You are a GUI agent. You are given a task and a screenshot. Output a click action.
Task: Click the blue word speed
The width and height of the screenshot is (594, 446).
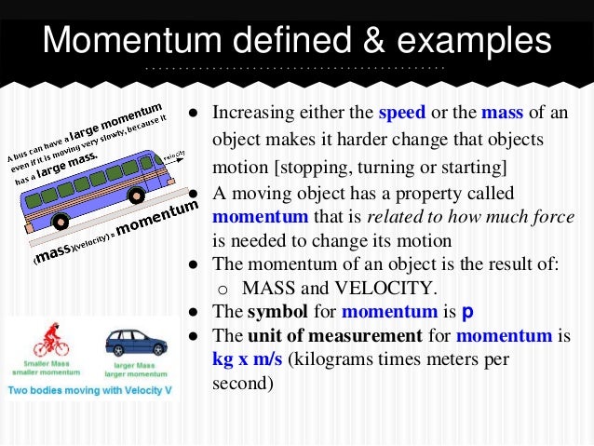coord(401,115)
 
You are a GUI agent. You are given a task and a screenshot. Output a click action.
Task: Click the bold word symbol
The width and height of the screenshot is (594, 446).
coord(271,312)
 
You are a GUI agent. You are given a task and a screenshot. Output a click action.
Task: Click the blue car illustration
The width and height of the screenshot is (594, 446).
coord(136,343)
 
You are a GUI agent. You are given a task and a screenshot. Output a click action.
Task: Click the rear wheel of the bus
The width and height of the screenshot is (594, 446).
coord(61,222)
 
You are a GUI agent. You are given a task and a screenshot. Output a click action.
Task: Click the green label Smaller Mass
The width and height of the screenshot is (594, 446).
coord(42,363)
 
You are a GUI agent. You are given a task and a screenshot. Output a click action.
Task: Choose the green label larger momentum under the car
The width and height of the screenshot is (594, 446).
coord(136,372)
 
